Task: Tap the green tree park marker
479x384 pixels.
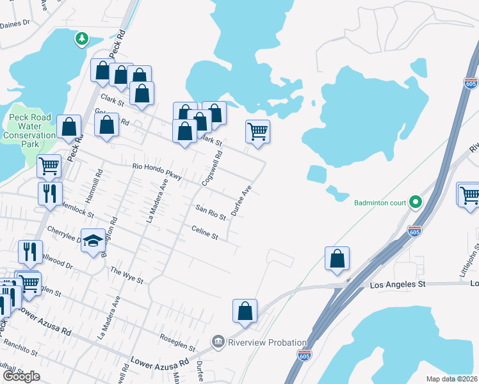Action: tap(81, 40)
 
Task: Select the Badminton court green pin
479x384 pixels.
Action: tap(415, 203)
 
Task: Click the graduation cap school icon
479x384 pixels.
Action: tap(93, 241)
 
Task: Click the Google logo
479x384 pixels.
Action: tap(21, 376)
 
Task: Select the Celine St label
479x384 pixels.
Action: tap(205, 232)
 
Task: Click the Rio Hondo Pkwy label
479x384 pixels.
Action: tap(157, 171)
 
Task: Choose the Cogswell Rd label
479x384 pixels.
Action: tap(212, 168)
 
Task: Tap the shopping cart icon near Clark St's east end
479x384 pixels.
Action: tap(257, 131)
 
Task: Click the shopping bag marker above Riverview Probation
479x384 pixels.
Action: tap(245, 311)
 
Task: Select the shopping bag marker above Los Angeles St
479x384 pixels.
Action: tap(337, 259)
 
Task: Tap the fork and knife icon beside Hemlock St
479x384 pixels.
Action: tap(49, 193)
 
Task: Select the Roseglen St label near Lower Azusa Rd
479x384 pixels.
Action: tap(177, 342)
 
